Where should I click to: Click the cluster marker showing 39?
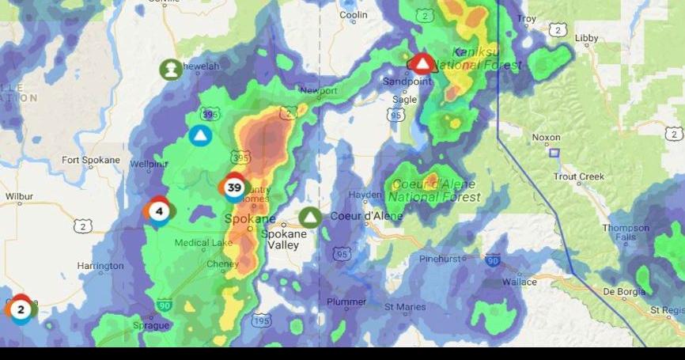coord(234,188)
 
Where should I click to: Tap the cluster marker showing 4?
coord(159,211)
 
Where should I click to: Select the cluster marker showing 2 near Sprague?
coord(21,309)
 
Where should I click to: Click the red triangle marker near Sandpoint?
coord(423,63)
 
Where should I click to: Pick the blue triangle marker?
coord(201,135)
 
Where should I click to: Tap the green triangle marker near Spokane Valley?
coord(311,217)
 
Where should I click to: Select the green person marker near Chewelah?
coord(170,70)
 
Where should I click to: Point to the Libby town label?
coord(586,38)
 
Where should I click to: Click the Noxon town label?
coord(546,137)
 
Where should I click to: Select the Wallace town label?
coord(520,281)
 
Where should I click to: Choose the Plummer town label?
coord(346,302)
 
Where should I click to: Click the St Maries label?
coord(405,306)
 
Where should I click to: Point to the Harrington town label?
coord(100,266)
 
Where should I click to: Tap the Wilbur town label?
coord(19,195)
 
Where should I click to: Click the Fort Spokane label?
coord(91,161)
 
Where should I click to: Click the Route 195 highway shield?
coord(261,320)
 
